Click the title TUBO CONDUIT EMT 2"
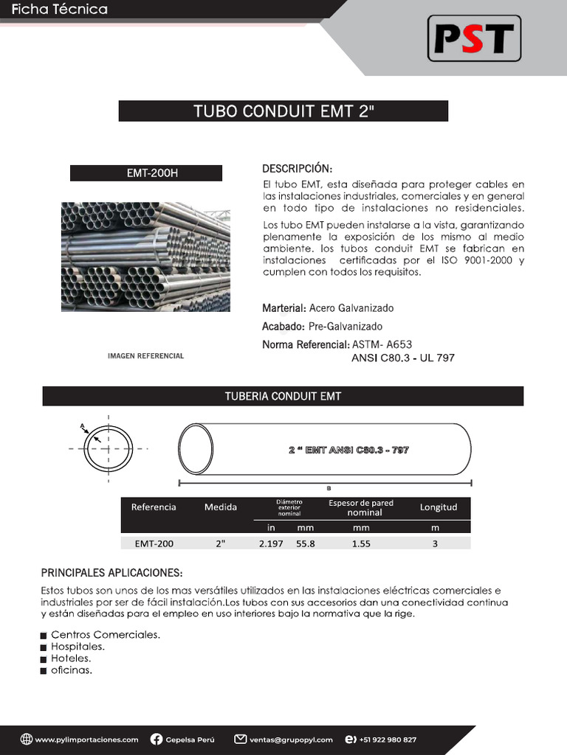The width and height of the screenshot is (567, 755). point(283,111)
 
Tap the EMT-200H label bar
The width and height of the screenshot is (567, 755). point(146,173)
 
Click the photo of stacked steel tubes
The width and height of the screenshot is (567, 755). point(145,257)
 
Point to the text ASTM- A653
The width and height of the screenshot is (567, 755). point(382,344)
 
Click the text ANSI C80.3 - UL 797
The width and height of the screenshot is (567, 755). point(403,358)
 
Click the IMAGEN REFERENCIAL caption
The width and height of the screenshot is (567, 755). point(145,356)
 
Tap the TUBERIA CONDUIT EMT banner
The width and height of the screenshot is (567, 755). point(283,396)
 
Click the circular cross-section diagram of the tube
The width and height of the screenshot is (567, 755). point(109,449)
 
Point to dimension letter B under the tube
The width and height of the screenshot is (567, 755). point(329,488)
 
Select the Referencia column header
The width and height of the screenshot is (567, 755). point(154,507)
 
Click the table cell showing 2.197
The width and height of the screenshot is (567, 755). point(271,543)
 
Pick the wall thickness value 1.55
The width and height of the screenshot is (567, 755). point(361,543)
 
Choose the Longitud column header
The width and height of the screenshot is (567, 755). point(439,507)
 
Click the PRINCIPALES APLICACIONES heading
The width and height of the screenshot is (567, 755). point(111,573)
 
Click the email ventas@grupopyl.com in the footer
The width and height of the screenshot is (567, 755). point(291,740)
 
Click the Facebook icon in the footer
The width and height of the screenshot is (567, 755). point(157,740)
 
